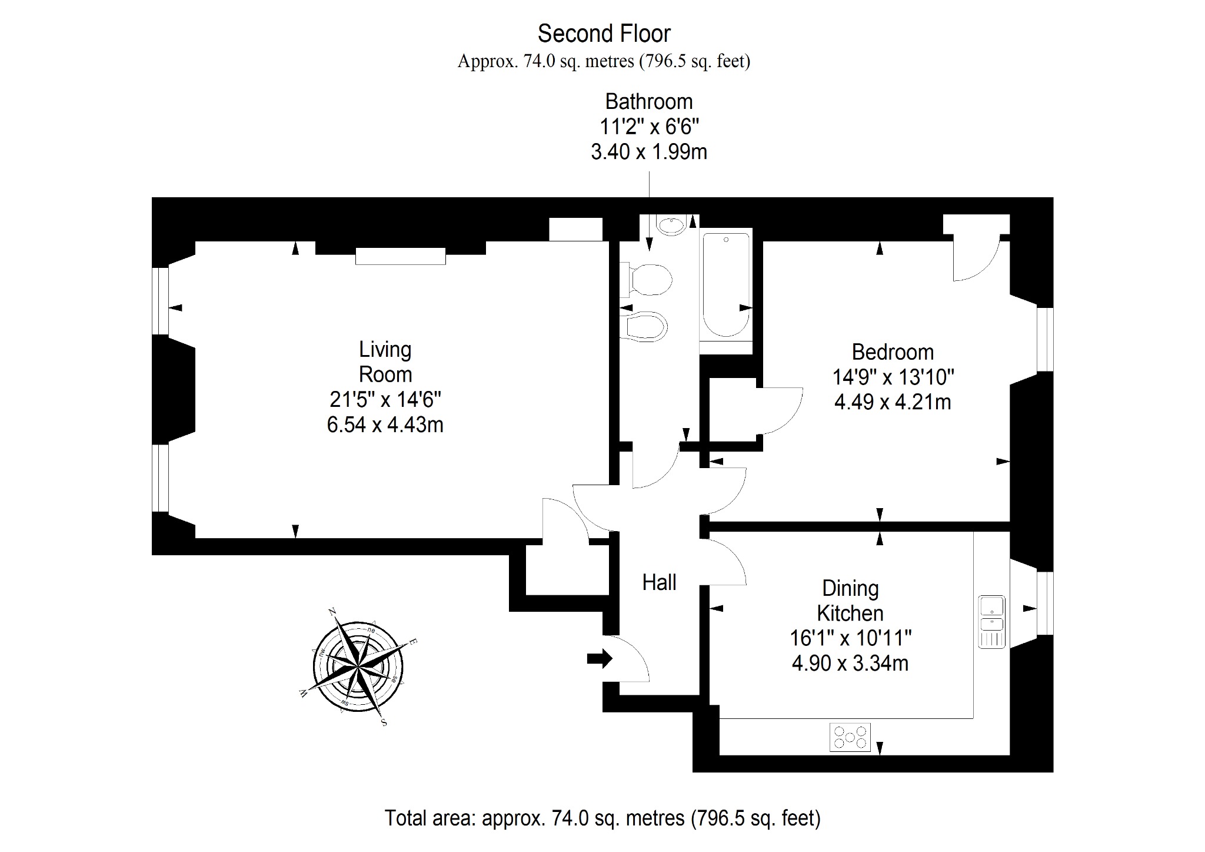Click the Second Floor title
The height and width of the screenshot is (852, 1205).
click(604, 34)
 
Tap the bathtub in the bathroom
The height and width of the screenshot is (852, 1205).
click(726, 285)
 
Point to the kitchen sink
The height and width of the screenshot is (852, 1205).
click(992, 622)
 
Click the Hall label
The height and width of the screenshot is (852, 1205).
click(659, 582)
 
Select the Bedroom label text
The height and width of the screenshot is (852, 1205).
click(893, 352)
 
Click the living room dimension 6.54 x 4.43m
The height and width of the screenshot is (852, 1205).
click(385, 425)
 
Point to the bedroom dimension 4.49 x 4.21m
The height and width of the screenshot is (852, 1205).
click(893, 402)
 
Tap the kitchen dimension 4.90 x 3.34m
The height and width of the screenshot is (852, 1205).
click(850, 663)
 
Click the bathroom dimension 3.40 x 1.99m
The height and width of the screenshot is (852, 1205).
click(649, 152)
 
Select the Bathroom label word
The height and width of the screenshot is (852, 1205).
click(649, 102)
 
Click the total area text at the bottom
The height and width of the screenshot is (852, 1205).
click(602, 818)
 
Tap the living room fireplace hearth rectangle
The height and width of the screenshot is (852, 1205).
click(400, 256)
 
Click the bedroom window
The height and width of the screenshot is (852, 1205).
click(1045, 339)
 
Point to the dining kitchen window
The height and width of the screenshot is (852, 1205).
click(1045, 603)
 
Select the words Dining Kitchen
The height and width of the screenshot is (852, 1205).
click(850, 601)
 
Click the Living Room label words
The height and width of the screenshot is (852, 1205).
click(385, 362)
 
